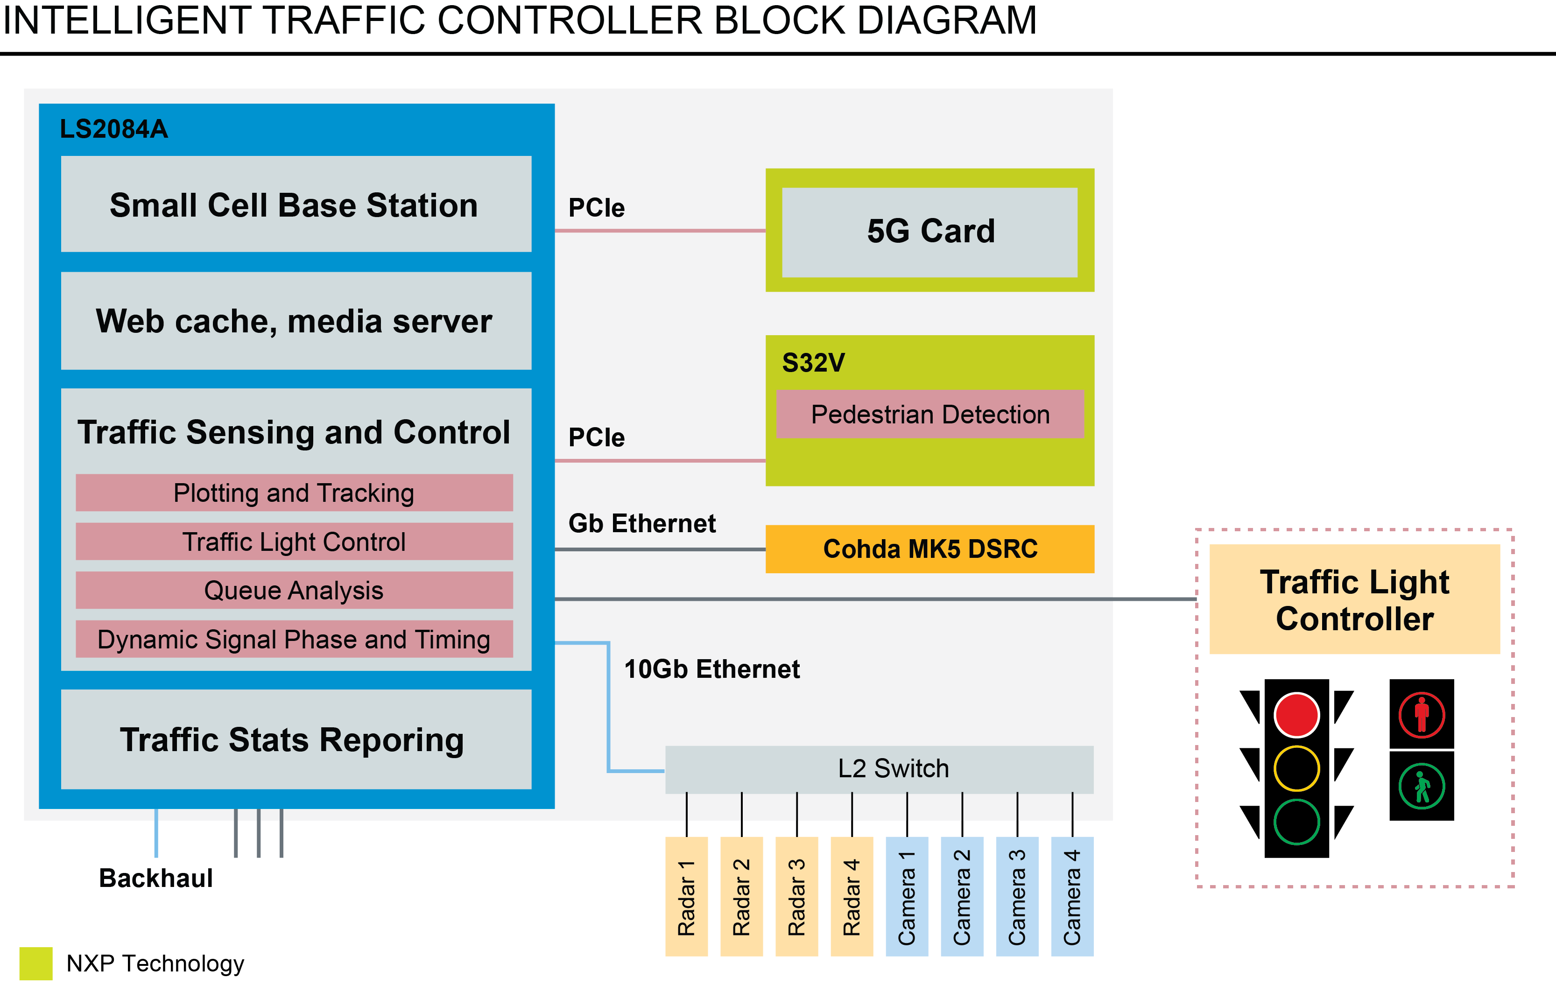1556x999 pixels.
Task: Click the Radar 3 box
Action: pos(796,896)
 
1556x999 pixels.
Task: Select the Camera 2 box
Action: pos(962,896)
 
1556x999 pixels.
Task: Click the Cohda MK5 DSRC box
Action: pos(929,549)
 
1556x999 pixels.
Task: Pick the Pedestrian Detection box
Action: pos(929,414)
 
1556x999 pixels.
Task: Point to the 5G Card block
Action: pos(929,232)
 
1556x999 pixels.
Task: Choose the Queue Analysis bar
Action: pos(294,591)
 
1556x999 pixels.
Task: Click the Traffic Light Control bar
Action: pos(294,542)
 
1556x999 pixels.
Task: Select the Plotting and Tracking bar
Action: pos(294,493)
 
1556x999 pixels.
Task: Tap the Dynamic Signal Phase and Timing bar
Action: pos(294,639)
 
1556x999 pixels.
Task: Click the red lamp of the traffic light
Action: pos(1296,715)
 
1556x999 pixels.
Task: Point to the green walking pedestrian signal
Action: pos(1421,786)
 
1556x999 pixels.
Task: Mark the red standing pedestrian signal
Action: pos(1421,715)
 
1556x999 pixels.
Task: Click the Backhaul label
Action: pos(155,878)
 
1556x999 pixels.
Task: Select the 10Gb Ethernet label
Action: pos(711,669)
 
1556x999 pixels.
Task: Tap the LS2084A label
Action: pos(113,129)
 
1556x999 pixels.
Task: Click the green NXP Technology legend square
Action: pos(35,964)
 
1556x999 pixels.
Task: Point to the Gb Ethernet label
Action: pos(641,523)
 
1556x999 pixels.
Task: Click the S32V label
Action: pos(813,363)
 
